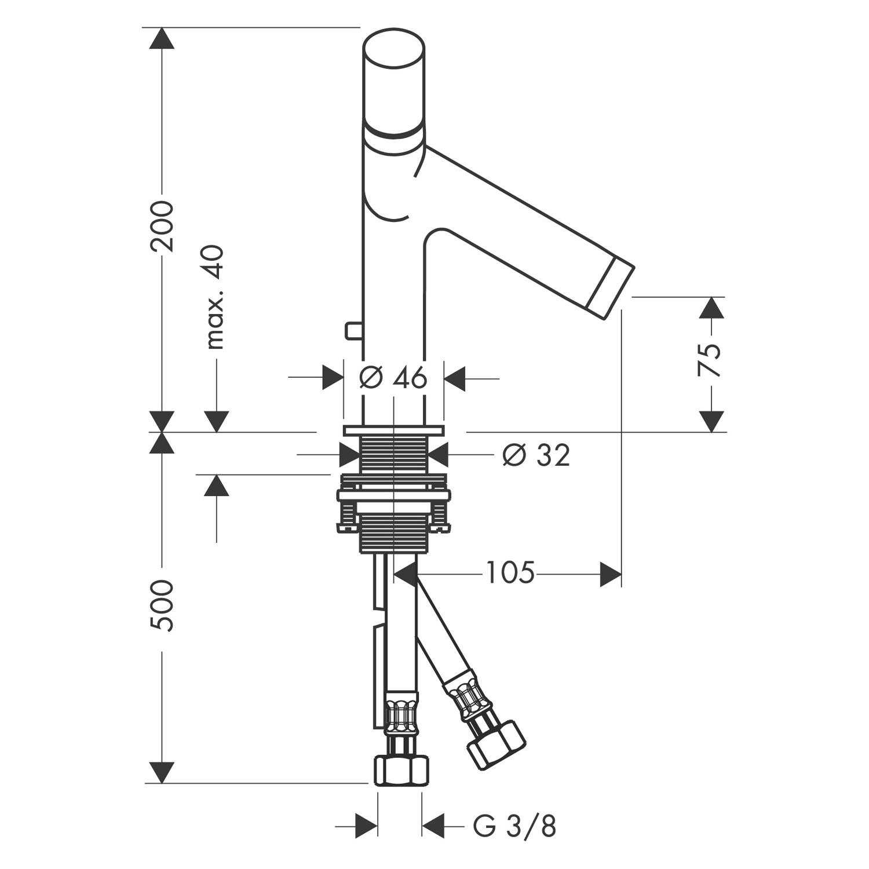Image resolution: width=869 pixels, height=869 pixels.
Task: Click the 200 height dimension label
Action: coord(162,226)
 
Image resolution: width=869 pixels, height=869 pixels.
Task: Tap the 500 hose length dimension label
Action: coord(162,605)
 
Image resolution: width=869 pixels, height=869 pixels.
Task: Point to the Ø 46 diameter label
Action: coord(393,378)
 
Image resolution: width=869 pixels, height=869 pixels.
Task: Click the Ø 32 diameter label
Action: coord(536,455)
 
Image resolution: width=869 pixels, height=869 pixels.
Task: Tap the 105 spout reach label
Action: coord(510,573)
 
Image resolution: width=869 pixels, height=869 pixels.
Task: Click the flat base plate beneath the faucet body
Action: coord(393,431)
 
